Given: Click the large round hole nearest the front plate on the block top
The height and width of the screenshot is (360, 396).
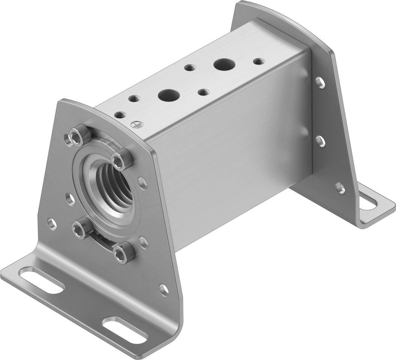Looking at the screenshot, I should tap(166, 95).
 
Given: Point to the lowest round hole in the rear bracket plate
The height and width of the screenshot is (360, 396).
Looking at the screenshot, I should tap(340, 188).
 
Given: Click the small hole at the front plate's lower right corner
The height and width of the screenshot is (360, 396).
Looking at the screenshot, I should tap(163, 288).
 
